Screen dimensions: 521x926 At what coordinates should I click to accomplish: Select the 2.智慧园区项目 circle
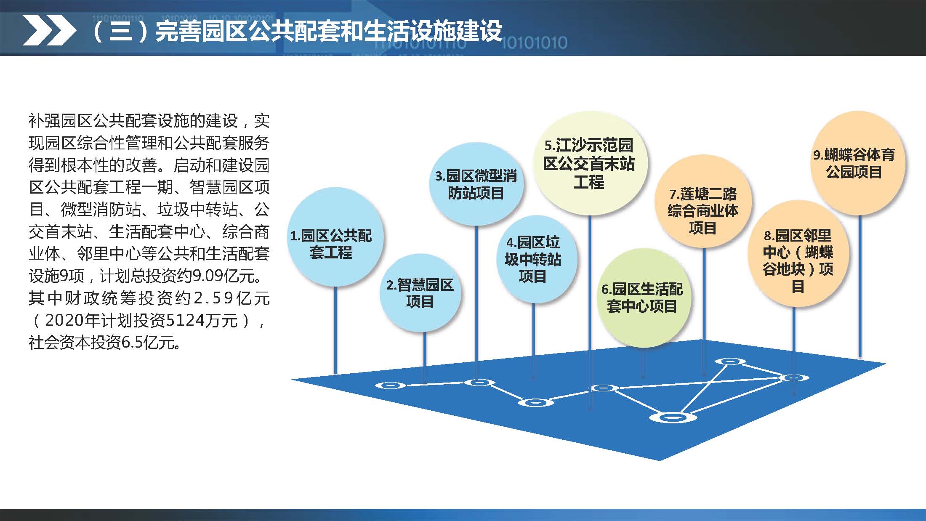420,293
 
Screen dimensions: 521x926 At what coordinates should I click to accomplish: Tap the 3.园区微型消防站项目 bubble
476,184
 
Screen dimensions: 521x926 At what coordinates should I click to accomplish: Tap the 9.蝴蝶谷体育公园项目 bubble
857,163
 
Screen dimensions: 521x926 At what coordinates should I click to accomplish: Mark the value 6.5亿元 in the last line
151,343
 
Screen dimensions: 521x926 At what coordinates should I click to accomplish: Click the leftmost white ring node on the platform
390,385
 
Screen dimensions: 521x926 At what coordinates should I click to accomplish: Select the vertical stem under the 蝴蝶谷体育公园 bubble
859,286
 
